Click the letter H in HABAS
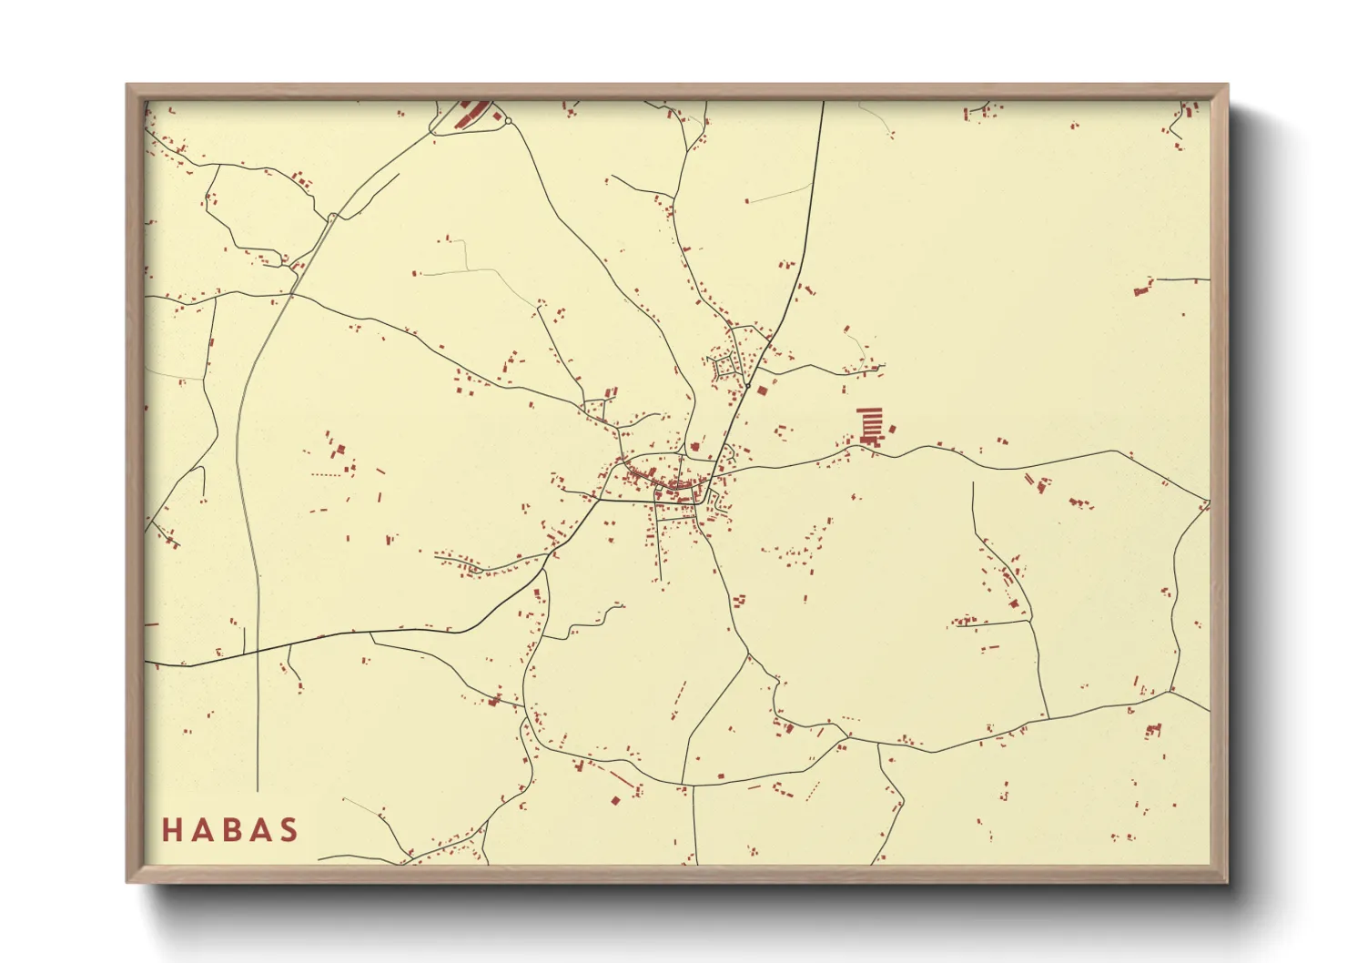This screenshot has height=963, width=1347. [171, 830]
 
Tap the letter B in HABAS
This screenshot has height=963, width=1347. [230, 830]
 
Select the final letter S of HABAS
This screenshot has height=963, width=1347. [289, 830]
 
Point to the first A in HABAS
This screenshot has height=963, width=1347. [200, 830]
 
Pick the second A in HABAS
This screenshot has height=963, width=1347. [259, 830]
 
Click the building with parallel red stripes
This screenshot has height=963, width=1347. [871, 425]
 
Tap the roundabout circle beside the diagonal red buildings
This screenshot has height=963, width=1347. [508, 120]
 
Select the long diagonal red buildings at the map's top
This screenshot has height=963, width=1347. [471, 113]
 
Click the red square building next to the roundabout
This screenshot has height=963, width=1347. [495, 115]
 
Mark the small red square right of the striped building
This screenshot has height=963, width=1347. [892, 429]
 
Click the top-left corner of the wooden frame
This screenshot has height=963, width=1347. [127, 86]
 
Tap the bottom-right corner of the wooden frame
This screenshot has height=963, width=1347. [1227, 881]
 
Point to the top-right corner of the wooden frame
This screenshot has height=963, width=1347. [1227, 86]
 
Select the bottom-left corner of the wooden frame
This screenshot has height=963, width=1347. [127, 881]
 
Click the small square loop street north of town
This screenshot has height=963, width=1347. [725, 367]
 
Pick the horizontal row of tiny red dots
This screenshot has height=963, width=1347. [326, 474]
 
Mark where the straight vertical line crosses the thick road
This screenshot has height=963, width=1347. [258, 651]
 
